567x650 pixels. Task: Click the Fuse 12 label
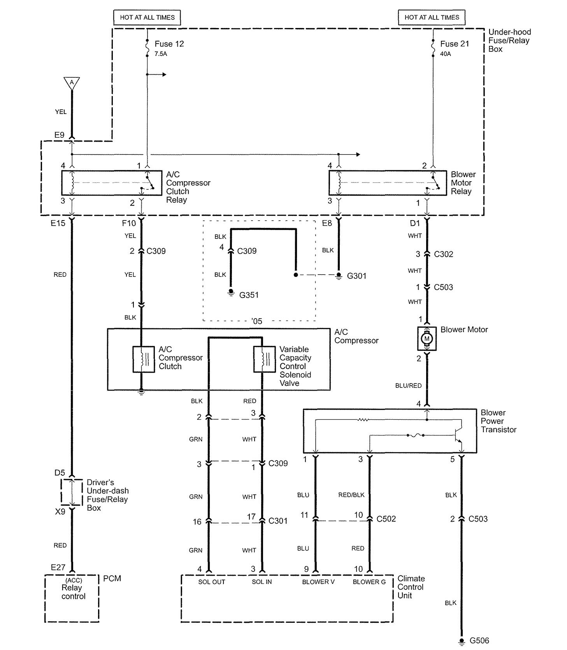point(169,44)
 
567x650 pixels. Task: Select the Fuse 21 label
point(455,44)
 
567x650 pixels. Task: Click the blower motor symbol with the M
point(427,338)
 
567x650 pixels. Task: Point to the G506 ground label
point(479,640)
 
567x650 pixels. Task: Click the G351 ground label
point(249,295)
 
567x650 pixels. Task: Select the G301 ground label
point(356,276)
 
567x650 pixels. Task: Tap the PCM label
point(112,578)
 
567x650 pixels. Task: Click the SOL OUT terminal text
point(212,582)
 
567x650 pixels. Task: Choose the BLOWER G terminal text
point(369,582)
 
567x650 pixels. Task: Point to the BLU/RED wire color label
point(408,385)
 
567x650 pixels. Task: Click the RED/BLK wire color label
point(351,495)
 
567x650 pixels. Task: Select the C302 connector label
point(444,254)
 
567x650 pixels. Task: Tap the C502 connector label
point(386,519)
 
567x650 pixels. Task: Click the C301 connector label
point(278,520)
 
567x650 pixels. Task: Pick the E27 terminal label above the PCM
point(58,568)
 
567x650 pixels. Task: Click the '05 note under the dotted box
point(257,321)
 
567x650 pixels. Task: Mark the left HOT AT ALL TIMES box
point(147,18)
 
